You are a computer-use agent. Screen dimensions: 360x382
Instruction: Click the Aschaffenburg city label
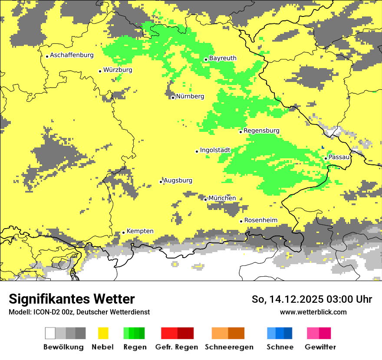point(72,55)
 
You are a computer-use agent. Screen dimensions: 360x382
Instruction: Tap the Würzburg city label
point(118,70)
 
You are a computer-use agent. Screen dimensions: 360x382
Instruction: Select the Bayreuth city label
point(223,58)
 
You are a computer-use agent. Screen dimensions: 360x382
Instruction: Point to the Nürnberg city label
point(190,96)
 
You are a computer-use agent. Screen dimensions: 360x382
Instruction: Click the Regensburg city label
point(261,131)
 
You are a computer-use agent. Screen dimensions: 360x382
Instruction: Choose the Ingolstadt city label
point(215,150)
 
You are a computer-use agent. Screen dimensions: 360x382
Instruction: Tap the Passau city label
point(339,157)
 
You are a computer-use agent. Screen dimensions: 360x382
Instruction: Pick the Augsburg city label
point(178,180)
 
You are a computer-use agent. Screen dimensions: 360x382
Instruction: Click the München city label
point(222,198)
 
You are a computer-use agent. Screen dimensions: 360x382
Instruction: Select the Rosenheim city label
point(260,220)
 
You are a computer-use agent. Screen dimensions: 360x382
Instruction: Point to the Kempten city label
point(140,231)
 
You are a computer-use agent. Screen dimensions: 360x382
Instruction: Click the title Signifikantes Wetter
point(72,299)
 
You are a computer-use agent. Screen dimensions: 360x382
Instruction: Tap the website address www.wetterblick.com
point(313,312)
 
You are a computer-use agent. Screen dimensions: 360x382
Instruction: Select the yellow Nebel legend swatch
point(103,333)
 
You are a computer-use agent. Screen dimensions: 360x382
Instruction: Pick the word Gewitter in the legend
point(320,347)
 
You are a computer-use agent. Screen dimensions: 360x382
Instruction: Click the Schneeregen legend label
point(229,347)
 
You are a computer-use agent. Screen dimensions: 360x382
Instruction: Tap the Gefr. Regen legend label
point(177,347)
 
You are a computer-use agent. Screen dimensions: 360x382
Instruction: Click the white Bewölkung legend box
point(50,333)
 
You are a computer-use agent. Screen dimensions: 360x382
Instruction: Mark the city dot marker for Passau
point(326,158)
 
